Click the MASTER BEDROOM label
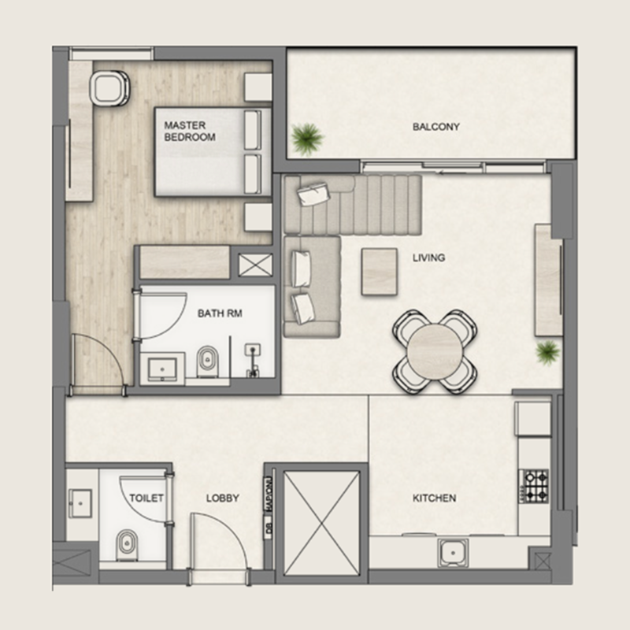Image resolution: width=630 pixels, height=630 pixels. (190, 131)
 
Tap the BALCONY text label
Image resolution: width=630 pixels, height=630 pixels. (435, 126)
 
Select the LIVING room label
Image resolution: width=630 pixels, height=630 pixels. (428, 258)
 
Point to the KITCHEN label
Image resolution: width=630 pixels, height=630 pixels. (435, 498)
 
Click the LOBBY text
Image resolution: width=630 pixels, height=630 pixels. (223, 498)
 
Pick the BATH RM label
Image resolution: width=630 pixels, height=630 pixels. (220, 313)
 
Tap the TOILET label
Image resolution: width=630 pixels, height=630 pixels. (147, 498)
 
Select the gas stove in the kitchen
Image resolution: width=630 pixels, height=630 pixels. (535, 485)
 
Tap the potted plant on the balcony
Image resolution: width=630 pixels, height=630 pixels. (306, 139)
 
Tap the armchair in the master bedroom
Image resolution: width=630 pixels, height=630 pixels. (109, 87)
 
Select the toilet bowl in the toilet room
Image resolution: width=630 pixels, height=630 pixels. (126, 543)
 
